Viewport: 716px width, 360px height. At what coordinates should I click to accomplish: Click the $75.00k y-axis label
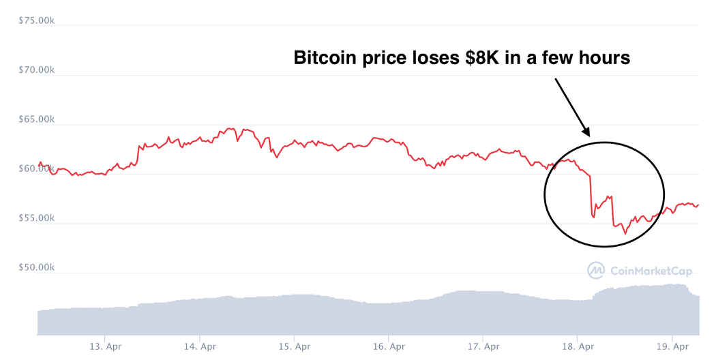pos(36,20)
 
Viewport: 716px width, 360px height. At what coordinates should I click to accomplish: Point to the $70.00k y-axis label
pos(36,70)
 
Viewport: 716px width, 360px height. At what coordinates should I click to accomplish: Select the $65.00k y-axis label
pos(36,119)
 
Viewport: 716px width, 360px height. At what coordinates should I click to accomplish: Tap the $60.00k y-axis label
pos(36,168)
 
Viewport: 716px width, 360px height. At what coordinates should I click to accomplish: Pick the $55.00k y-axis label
pos(36,218)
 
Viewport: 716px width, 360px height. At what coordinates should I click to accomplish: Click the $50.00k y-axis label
pos(36,267)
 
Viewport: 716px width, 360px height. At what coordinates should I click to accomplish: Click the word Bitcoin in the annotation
pos(325,58)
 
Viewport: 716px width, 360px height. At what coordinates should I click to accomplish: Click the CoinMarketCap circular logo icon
pos(596,271)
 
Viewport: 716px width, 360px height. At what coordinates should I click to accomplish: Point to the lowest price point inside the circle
pos(625,234)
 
